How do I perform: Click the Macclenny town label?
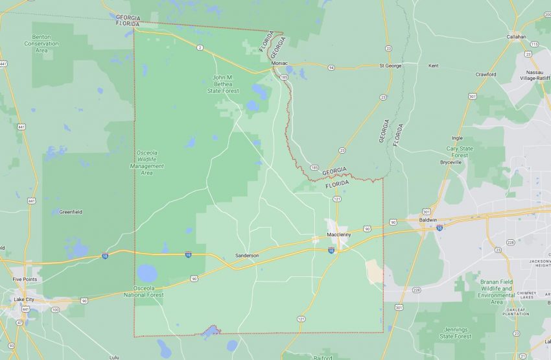pyautogui.click(x=340, y=234)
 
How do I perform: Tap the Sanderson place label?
pyautogui.click(x=246, y=256)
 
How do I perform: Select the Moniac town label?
pyautogui.click(x=280, y=63)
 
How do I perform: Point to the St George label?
pyautogui.click(x=391, y=66)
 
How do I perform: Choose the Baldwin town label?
pyautogui.click(x=428, y=220)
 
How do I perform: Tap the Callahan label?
pyautogui.click(x=517, y=37)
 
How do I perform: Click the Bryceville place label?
pyautogui.click(x=451, y=162)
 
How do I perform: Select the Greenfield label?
pyautogui.click(x=71, y=211)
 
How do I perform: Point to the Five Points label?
pyautogui.click(x=25, y=279)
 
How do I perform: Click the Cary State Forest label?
pyautogui.click(x=457, y=152)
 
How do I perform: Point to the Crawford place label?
pyautogui.click(x=486, y=74)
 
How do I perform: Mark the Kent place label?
pyautogui.click(x=433, y=66)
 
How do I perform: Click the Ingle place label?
pyautogui.click(x=457, y=138)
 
